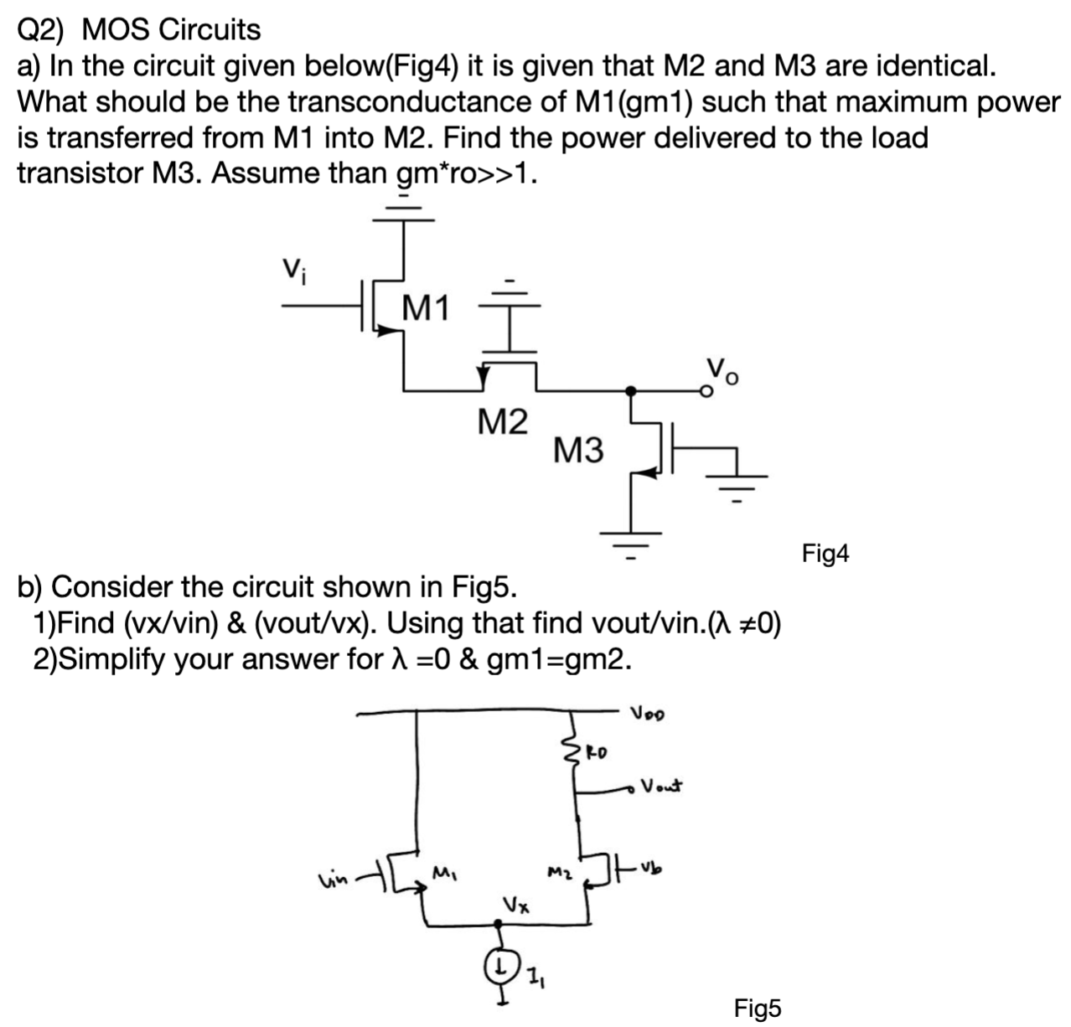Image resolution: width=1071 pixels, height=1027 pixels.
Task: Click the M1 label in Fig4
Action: [x=426, y=309]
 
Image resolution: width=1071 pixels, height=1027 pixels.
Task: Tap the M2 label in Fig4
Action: [x=502, y=421]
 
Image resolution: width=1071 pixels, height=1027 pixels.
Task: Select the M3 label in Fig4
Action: [x=578, y=451]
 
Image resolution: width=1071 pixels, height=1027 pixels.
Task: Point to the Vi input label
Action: [x=291, y=269]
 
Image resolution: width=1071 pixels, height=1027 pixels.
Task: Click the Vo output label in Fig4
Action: [x=722, y=369]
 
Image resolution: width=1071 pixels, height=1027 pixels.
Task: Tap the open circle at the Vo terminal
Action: [x=706, y=390]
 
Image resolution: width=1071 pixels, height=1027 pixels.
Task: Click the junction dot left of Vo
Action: [x=632, y=390]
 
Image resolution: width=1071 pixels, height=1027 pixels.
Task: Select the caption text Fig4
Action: [x=825, y=554]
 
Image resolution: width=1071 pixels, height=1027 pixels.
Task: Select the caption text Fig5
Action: [x=757, y=1008]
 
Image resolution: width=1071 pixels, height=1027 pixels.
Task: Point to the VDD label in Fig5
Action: [x=649, y=715]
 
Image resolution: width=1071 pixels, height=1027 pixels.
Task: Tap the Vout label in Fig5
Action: [x=662, y=787]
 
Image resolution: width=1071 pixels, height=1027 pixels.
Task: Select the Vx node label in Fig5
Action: [x=514, y=905]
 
